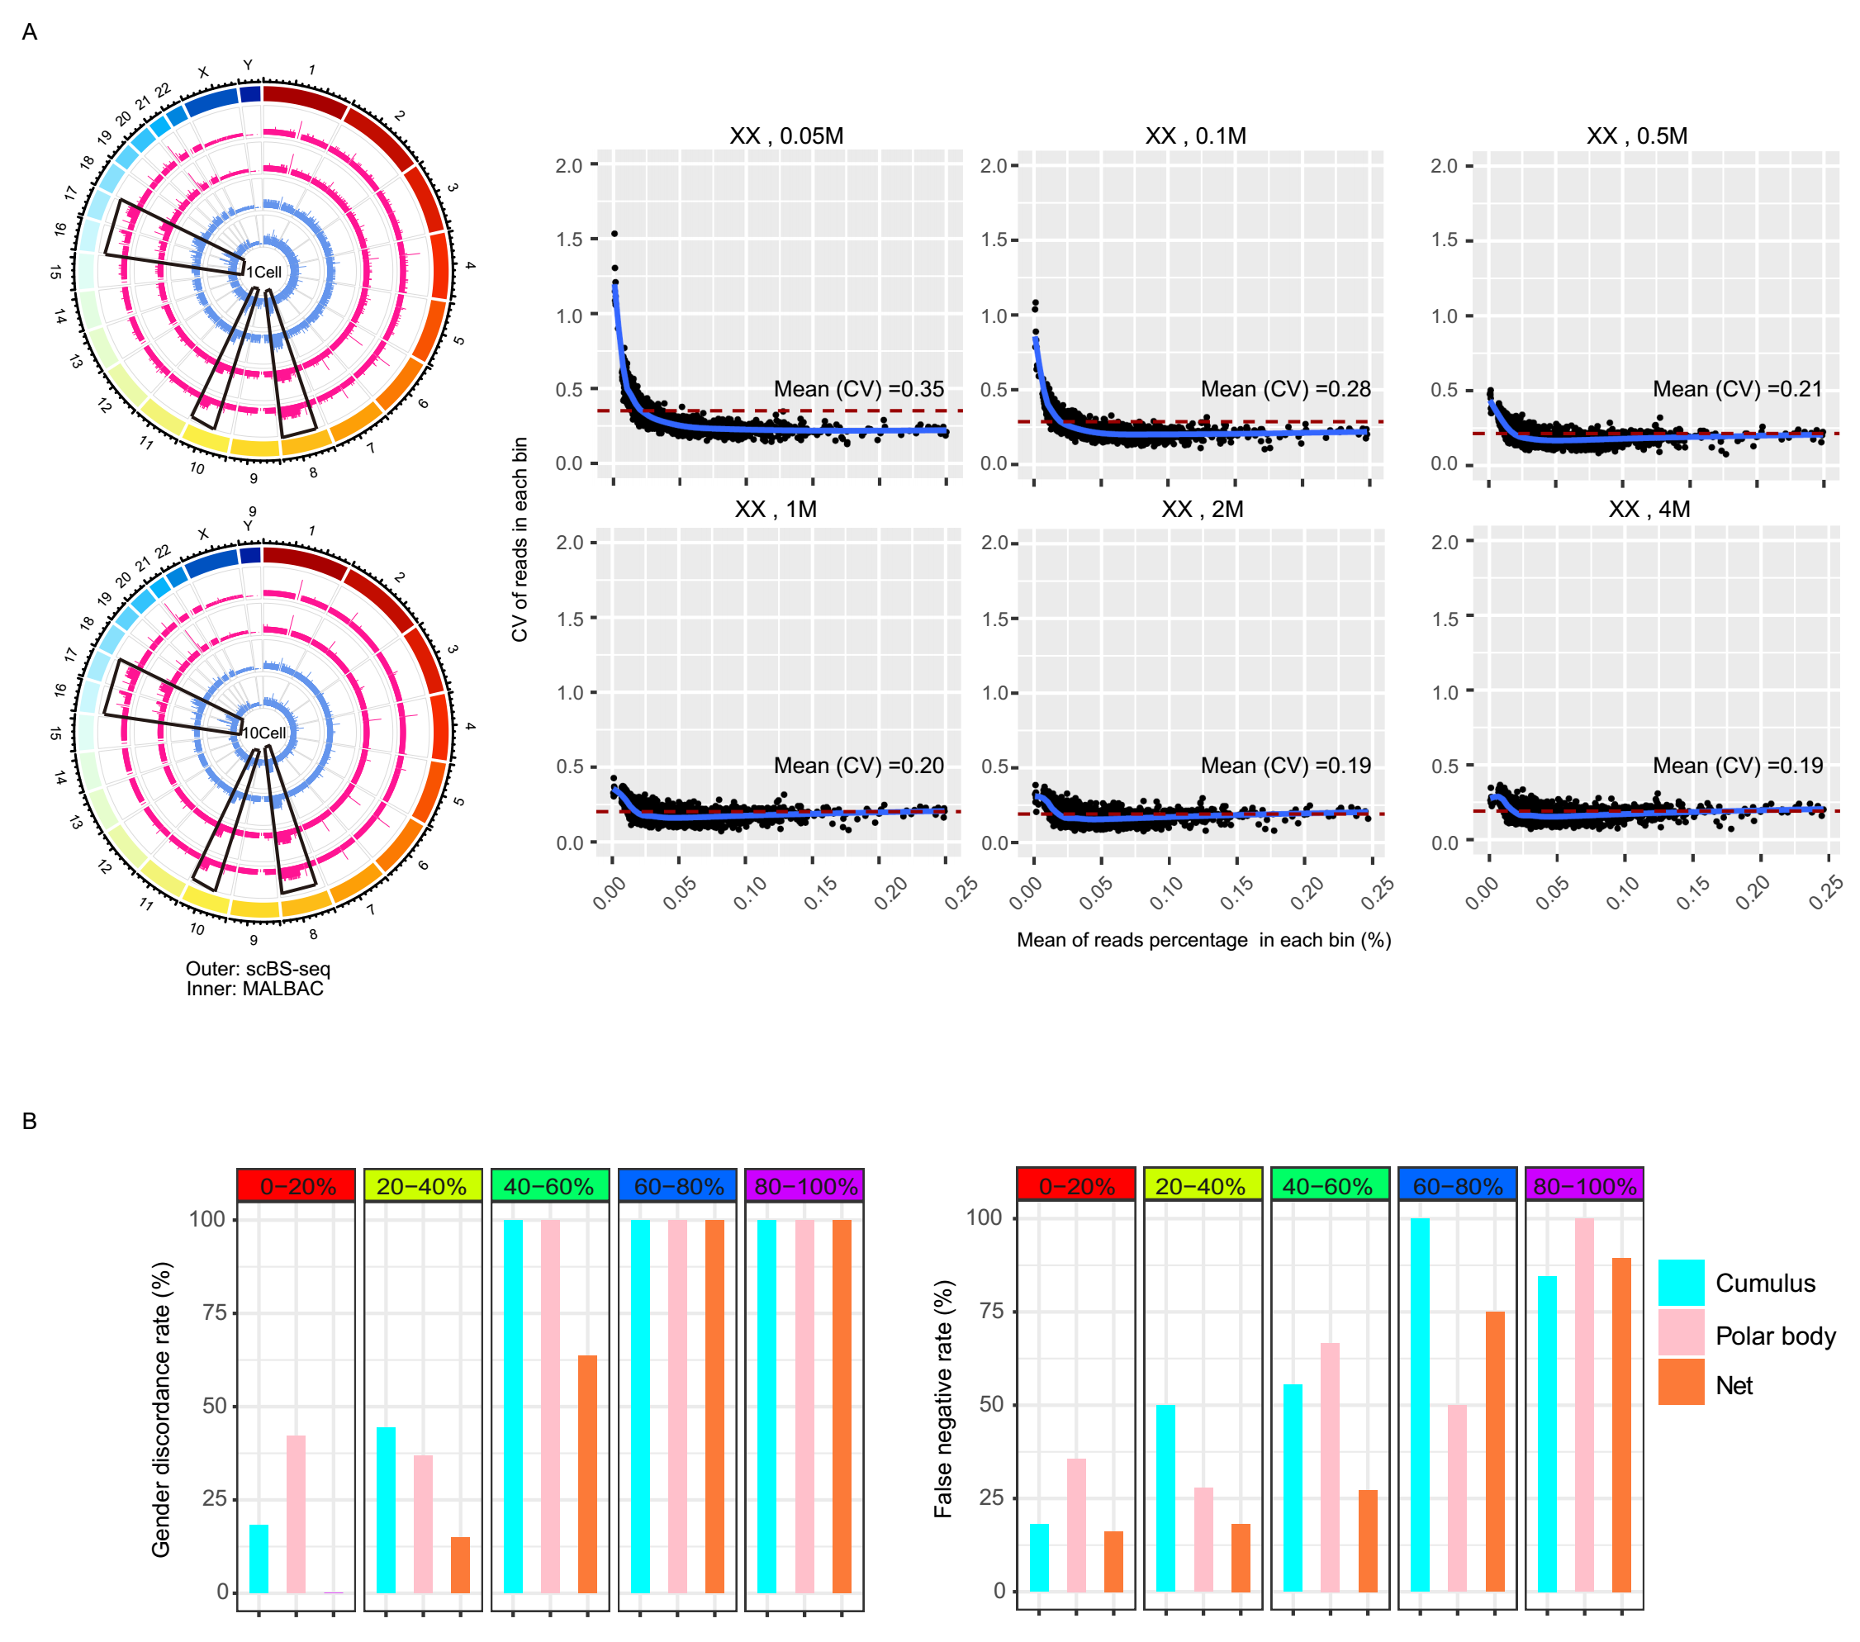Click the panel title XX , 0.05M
coord(786,135)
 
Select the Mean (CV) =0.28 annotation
coord(1285,389)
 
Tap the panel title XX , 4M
coord(1649,509)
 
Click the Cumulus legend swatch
coord(1681,1283)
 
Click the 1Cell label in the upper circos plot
coord(264,272)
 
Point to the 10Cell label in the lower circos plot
coord(264,733)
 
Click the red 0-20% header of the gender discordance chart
coord(297,1186)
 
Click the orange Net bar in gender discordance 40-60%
coord(587,1474)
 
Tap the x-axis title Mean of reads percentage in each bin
coord(1203,940)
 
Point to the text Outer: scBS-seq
coord(258,969)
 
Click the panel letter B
coord(29,1122)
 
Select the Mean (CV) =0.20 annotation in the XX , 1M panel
coord(858,766)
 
